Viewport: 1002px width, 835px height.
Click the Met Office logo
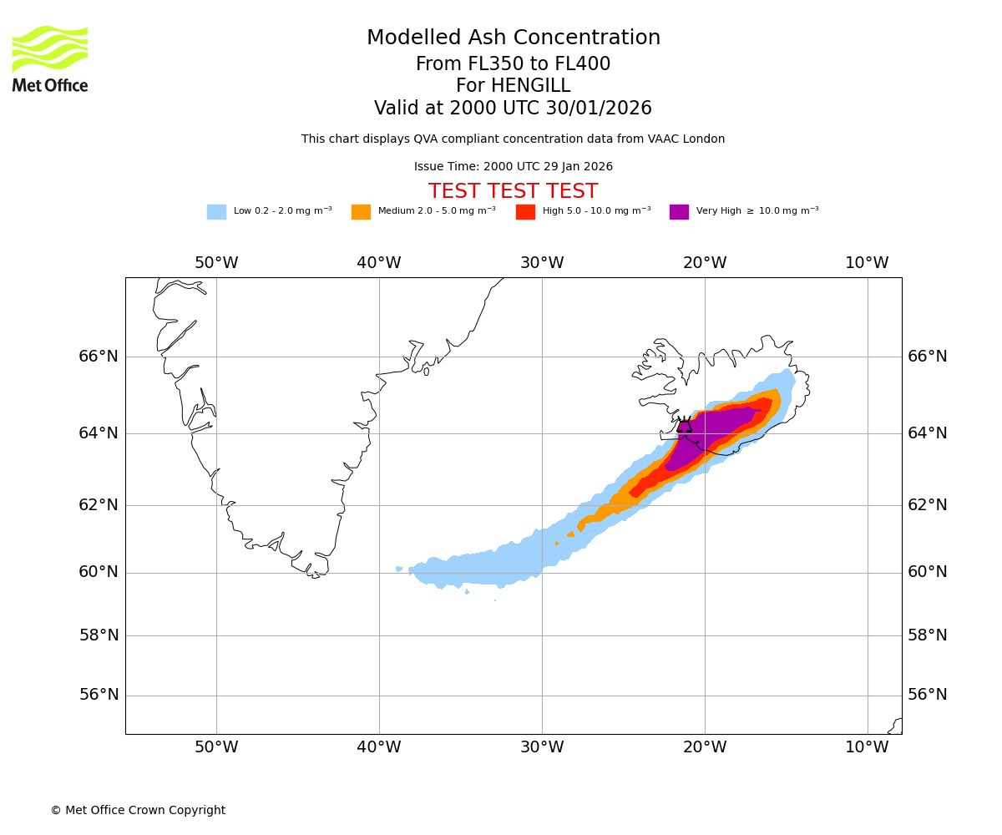tap(50, 58)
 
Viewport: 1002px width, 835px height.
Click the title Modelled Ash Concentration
tap(514, 38)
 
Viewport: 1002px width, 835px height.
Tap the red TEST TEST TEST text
tap(513, 191)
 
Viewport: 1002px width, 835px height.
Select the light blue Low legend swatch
tap(216, 212)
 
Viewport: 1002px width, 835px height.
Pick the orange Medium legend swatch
tap(361, 212)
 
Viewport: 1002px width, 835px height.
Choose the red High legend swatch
tap(525, 212)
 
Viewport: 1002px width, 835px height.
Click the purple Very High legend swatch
tap(679, 212)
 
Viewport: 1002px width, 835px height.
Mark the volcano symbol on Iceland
tap(685, 425)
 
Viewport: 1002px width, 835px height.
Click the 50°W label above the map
tap(216, 263)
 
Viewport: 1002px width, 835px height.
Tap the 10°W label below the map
tap(867, 747)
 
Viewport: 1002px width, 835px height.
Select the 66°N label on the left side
tap(99, 357)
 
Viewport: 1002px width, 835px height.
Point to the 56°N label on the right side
tap(928, 695)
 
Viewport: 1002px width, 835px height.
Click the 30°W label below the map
tap(542, 747)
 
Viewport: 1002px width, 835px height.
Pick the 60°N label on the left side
tap(99, 572)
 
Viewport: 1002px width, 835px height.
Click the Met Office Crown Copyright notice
tap(138, 811)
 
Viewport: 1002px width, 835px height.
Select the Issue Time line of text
tap(513, 167)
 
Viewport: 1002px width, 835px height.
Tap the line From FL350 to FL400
tap(513, 64)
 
